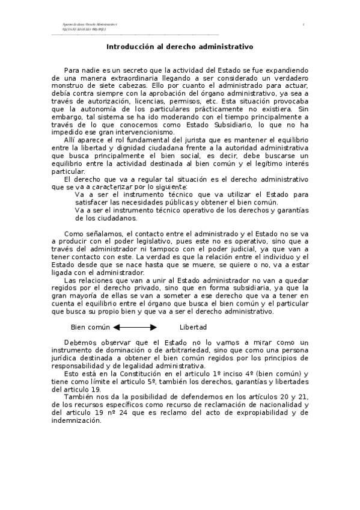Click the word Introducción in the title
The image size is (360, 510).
[129, 46]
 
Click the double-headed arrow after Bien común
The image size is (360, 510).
[135, 327]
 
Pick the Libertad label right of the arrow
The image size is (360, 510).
[193, 327]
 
